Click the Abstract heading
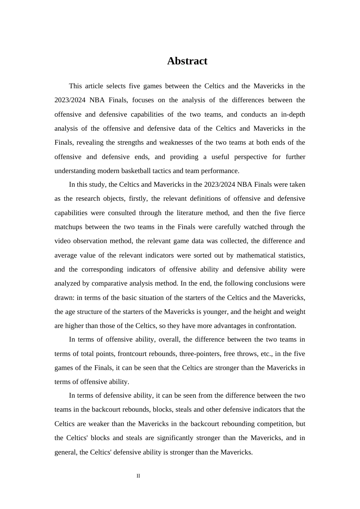pos(187,61)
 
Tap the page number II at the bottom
pos(138,476)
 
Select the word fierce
pos(296,213)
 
